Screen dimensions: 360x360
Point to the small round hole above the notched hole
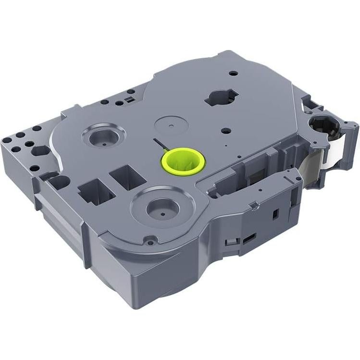click(x=234, y=73)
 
